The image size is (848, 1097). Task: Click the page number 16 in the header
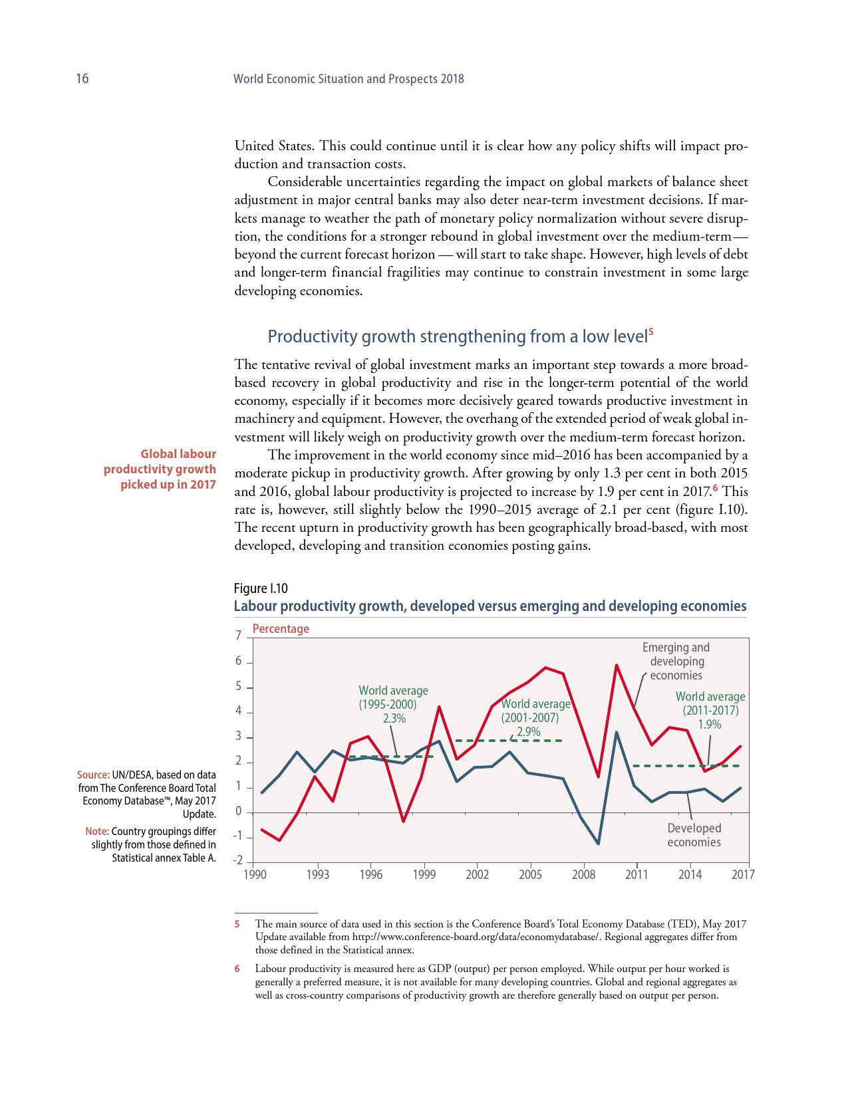pyautogui.click(x=82, y=79)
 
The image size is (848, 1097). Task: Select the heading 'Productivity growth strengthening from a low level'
pyautogui.click(x=457, y=336)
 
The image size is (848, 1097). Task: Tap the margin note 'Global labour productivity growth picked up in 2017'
pyautogui.click(x=160, y=469)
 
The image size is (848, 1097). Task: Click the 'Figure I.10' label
pyautogui.click(x=261, y=588)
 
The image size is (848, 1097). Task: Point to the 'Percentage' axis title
pyautogui.click(x=280, y=629)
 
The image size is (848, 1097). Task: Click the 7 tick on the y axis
pyautogui.click(x=239, y=636)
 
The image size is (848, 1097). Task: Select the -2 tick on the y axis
pyautogui.click(x=237, y=862)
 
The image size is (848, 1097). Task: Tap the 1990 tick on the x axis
pyautogui.click(x=255, y=875)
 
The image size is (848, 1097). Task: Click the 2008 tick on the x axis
pyautogui.click(x=583, y=875)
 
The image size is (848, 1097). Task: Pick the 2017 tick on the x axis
pyautogui.click(x=743, y=875)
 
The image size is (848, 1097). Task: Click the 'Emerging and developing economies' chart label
pyautogui.click(x=676, y=662)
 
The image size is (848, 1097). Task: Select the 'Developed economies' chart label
pyautogui.click(x=694, y=836)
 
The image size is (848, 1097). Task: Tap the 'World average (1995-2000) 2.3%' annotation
pyautogui.click(x=393, y=704)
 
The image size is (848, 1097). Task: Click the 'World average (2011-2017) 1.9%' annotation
pyautogui.click(x=710, y=711)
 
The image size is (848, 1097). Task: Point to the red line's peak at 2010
pyautogui.click(x=617, y=665)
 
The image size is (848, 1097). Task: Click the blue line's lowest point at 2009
pyautogui.click(x=599, y=844)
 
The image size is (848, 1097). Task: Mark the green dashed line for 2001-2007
pyautogui.click(x=509, y=741)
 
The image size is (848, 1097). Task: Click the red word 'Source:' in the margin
pyautogui.click(x=93, y=775)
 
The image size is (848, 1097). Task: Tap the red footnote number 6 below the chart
pyautogui.click(x=237, y=969)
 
